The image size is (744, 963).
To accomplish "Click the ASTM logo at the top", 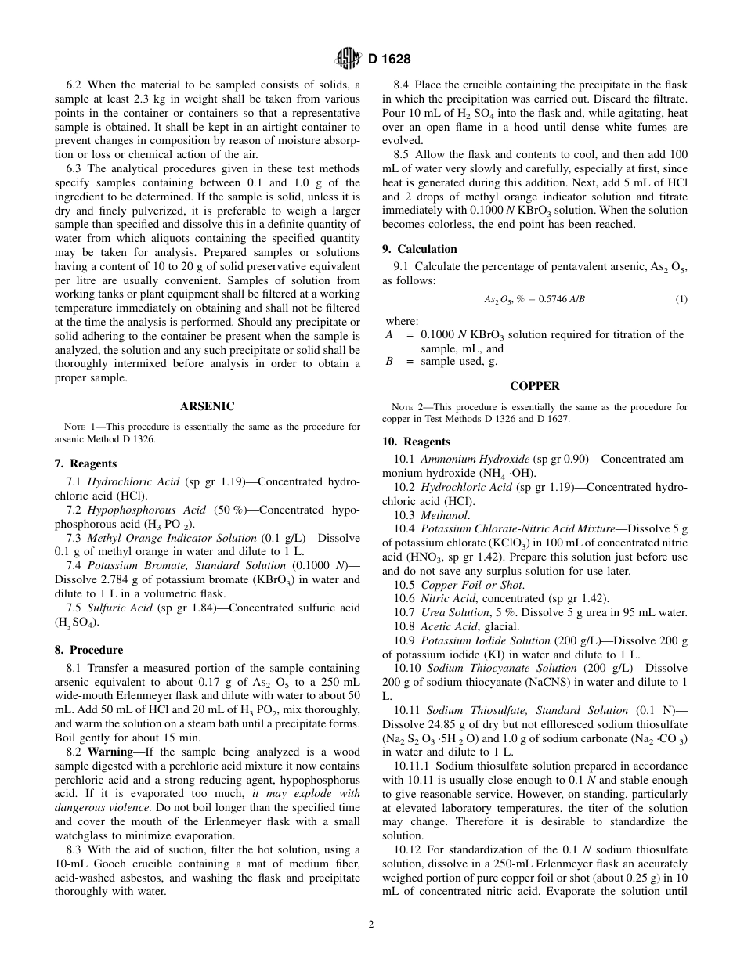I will click(x=347, y=58).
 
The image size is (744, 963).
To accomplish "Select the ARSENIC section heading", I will click(x=208, y=406).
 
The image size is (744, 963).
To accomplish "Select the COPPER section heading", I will click(x=535, y=386).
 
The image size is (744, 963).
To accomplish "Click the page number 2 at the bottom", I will click(x=371, y=924).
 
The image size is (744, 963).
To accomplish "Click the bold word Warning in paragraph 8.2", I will click(x=111, y=752).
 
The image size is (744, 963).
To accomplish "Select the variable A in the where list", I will click(x=389, y=334).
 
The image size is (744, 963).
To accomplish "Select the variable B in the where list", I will click(x=389, y=361).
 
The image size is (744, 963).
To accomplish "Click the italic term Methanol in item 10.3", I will click(x=439, y=515).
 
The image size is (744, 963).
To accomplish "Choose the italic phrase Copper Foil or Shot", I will click(x=472, y=585).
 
